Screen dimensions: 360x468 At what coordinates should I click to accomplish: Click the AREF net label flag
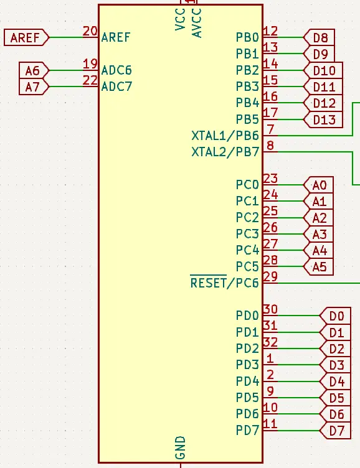(26, 37)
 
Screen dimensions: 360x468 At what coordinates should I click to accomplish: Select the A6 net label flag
(34, 70)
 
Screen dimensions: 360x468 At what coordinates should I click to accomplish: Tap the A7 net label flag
(34, 87)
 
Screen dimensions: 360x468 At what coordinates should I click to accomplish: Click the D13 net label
(323, 119)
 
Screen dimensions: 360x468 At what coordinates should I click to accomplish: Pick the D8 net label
(319, 37)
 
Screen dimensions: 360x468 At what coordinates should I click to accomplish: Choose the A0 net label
(318, 185)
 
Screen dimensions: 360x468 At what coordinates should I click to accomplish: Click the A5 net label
(318, 267)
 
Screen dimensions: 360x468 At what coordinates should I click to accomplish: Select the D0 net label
(335, 316)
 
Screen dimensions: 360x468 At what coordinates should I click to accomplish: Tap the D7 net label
(335, 431)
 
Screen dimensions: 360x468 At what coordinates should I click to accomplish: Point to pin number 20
(90, 31)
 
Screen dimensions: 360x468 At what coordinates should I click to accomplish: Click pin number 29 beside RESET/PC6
(270, 277)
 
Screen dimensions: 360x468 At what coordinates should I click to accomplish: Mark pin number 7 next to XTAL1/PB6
(270, 129)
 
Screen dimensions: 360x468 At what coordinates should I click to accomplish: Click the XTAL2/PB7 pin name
(225, 152)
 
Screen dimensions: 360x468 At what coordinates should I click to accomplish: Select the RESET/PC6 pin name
(225, 283)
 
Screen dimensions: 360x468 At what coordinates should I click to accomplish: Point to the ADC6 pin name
(116, 70)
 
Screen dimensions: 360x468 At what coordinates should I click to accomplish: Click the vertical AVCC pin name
(197, 23)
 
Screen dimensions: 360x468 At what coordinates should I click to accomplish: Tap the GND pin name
(181, 447)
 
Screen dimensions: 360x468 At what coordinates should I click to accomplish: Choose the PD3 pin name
(247, 365)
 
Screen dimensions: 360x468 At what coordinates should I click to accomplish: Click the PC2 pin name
(247, 218)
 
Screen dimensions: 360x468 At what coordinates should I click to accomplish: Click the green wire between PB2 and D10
(290, 70)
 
